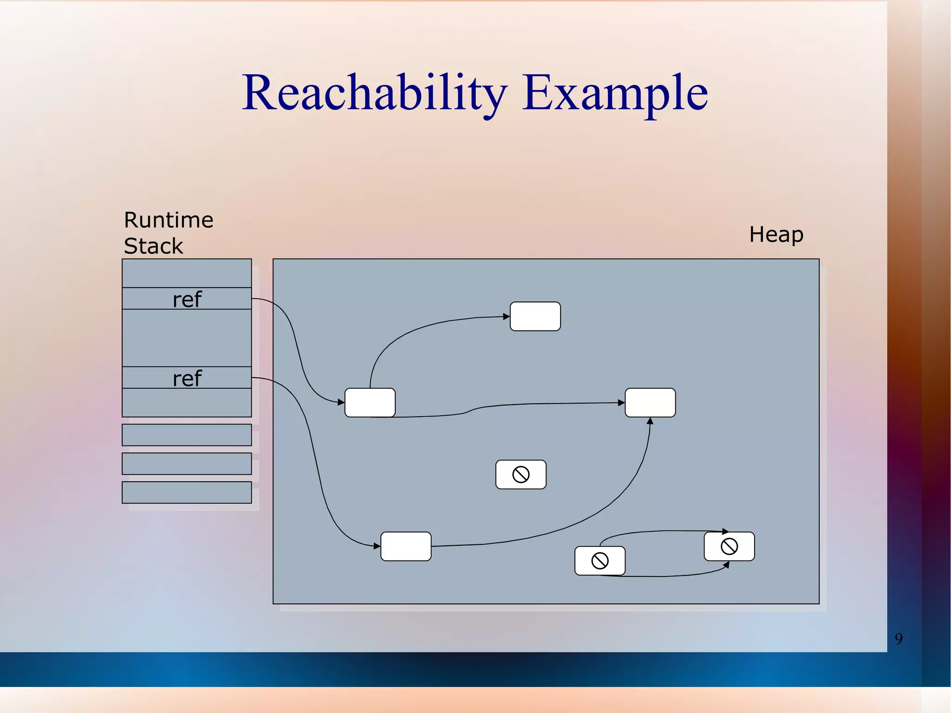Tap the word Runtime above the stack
pyautogui.click(x=169, y=220)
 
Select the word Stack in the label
pyautogui.click(x=153, y=246)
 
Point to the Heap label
pyautogui.click(x=776, y=235)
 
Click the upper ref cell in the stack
pyautogui.click(x=187, y=299)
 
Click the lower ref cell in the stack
pyautogui.click(x=187, y=378)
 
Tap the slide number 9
pyautogui.click(x=899, y=639)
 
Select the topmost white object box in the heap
pyautogui.click(x=535, y=316)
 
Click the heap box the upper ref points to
pyautogui.click(x=370, y=403)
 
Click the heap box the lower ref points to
pyautogui.click(x=405, y=546)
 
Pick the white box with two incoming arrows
pyautogui.click(x=650, y=403)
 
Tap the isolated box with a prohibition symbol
pyautogui.click(x=521, y=475)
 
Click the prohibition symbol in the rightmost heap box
pyautogui.click(x=729, y=546)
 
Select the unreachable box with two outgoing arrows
pyautogui.click(x=599, y=561)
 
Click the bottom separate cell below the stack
pyautogui.click(x=187, y=492)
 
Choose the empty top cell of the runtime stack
pyautogui.click(x=187, y=273)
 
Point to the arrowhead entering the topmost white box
pyautogui.click(x=507, y=317)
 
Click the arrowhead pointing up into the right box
pyautogui.click(x=650, y=421)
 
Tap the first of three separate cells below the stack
pyautogui.click(x=187, y=435)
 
